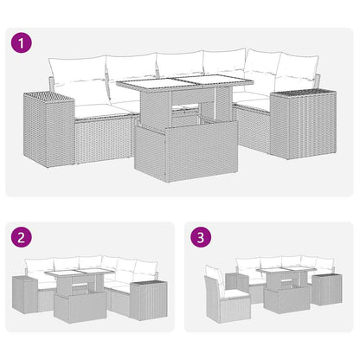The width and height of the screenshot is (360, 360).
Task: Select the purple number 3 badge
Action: [x=200, y=236]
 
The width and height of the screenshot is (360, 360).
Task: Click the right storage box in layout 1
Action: [x=296, y=122]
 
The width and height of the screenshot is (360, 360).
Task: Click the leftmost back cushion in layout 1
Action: [x=76, y=80]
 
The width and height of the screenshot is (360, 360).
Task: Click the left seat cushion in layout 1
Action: [x=98, y=110]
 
